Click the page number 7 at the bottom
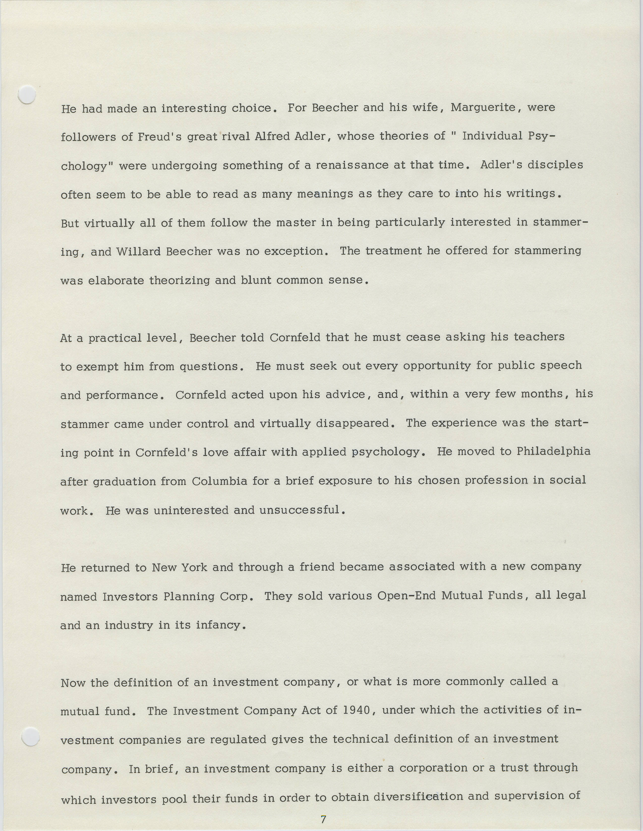(324, 819)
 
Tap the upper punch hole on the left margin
(27, 95)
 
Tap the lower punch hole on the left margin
(31, 736)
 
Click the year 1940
(357, 710)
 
